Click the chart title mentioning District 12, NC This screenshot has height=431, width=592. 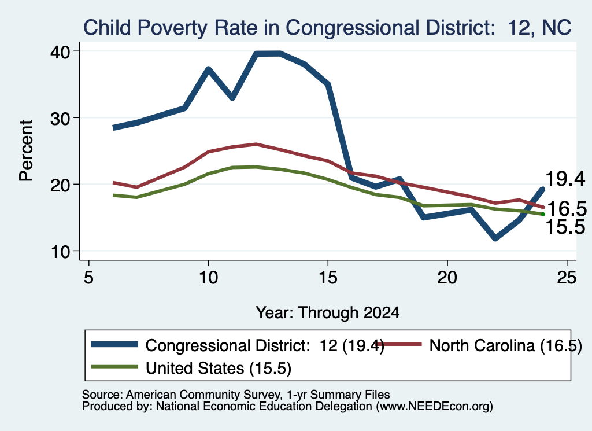click(327, 28)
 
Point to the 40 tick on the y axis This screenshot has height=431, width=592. click(60, 51)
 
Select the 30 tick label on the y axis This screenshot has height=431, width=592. click(60, 118)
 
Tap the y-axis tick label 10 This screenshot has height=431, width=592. click(60, 252)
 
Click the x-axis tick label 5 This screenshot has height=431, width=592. click(88, 278)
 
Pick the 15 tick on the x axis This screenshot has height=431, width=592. click(328, 278)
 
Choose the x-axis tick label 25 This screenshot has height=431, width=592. click(567, 278)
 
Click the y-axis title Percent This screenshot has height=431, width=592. click(26, 151)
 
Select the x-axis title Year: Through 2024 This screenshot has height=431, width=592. click(327, 313)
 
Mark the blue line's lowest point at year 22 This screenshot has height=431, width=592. click(495, 238)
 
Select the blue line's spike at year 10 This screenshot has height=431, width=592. click(208, 69)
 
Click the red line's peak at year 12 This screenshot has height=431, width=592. click(256, 144)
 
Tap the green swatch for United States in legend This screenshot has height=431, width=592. click(114, 367)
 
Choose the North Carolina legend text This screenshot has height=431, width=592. click(506, 345)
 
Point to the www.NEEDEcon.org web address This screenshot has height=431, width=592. click(434, 407)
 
